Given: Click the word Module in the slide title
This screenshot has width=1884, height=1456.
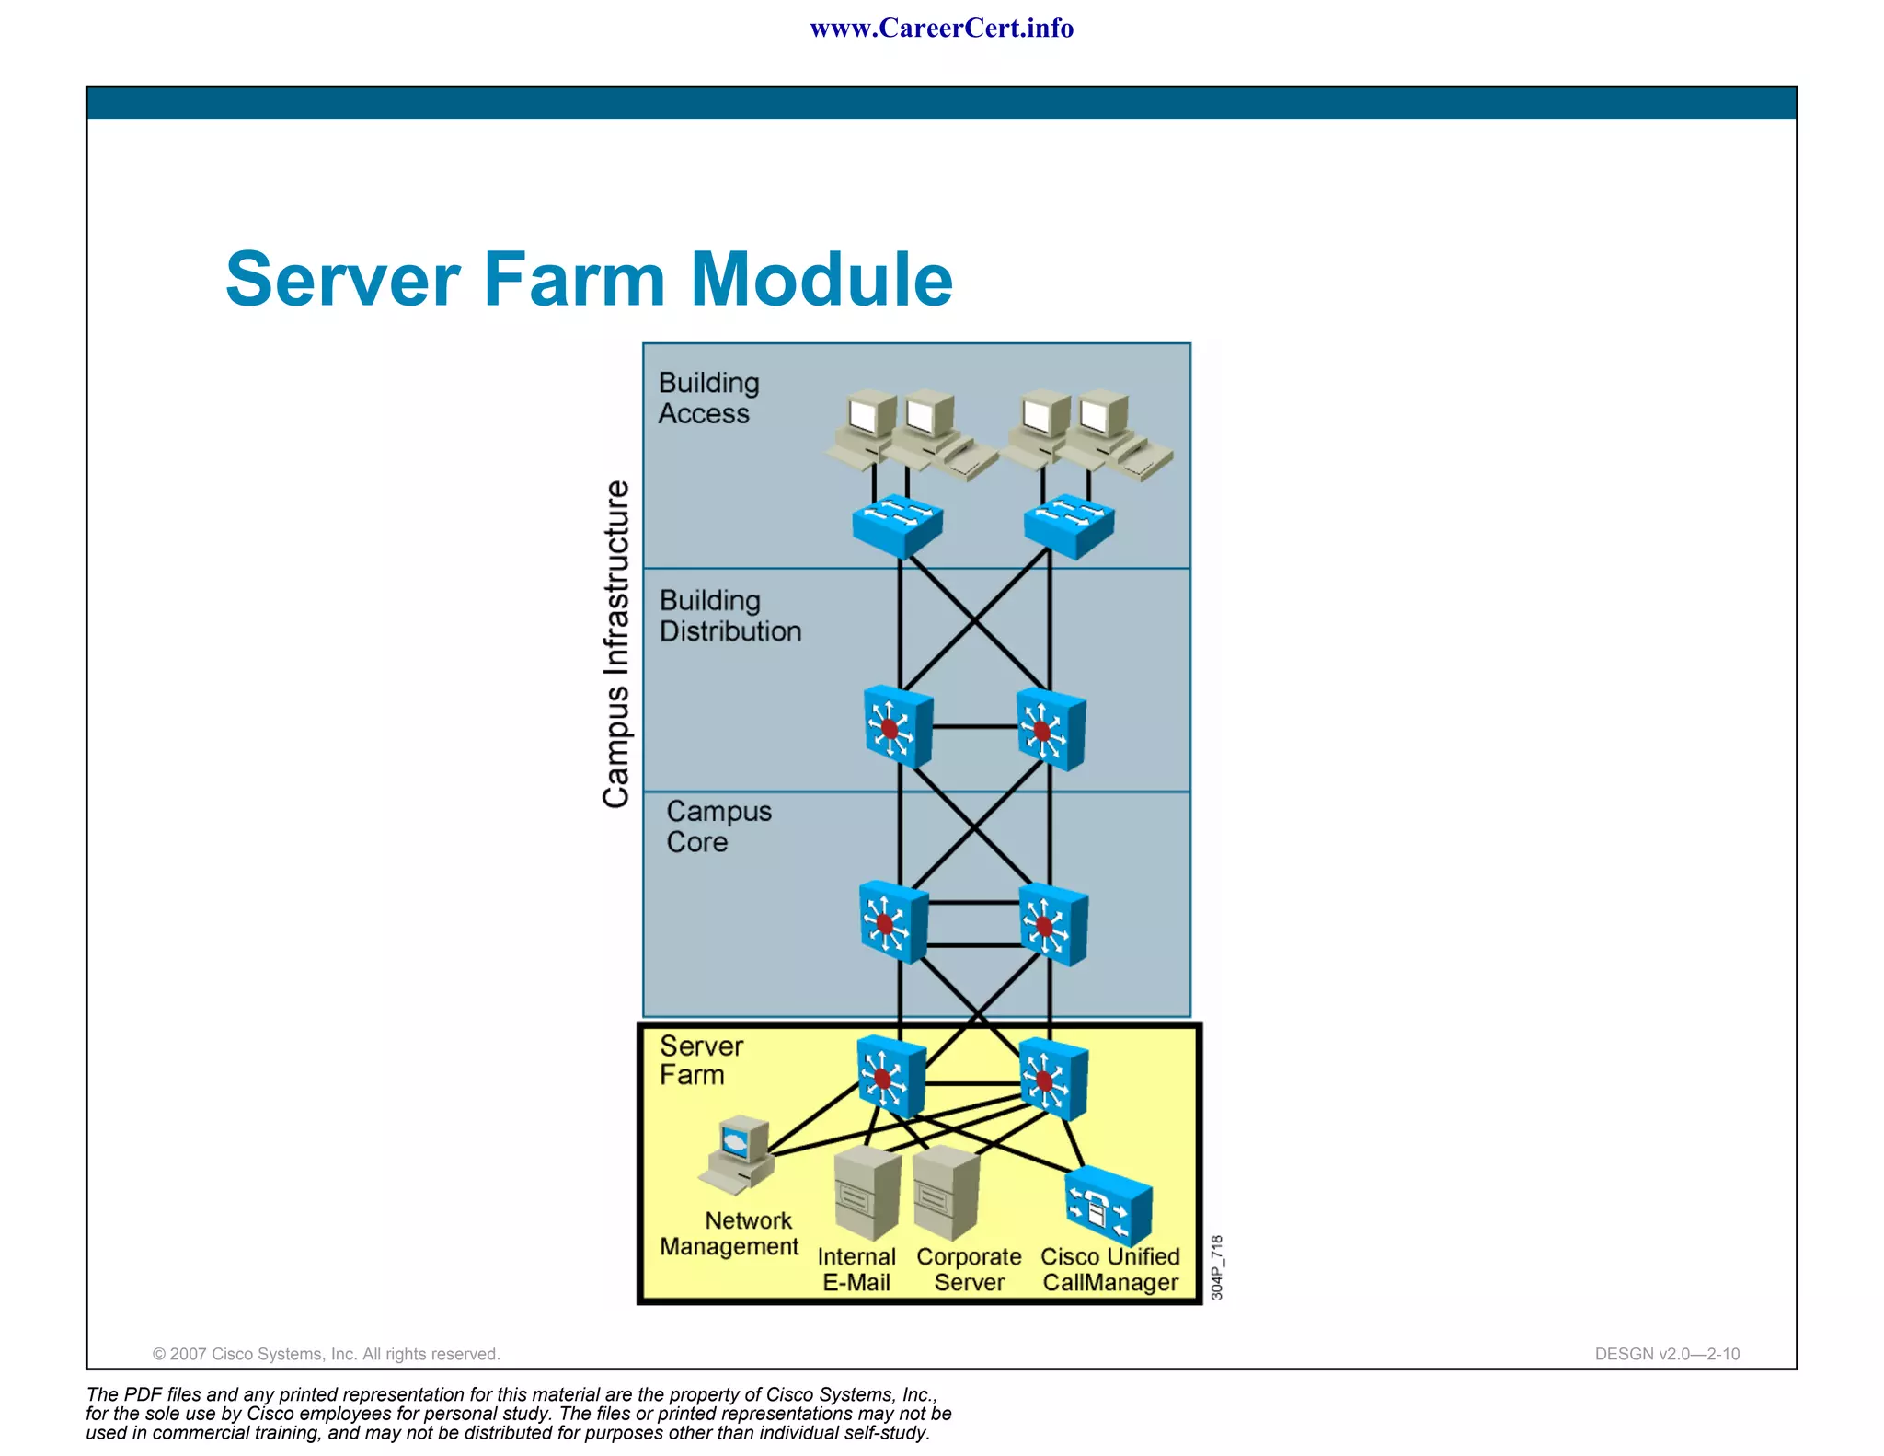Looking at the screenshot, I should pyautogui.click(x=821, y=280).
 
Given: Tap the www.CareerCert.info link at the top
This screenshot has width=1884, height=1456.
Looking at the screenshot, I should pyautogui.click(x=941, y=29).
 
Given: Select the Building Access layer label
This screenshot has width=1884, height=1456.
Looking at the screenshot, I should pyautogui.click(x=708, y=398).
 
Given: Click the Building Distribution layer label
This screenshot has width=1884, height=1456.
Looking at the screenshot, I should pyautogui.click(x=729, y=616).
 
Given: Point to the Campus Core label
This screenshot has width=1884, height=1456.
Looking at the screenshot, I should pyautogui.click(x=718, y=826).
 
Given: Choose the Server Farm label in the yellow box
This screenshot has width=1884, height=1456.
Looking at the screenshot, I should pyautogui.click(x=700, y=1060).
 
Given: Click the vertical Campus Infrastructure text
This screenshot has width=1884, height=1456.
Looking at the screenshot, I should pyautogui.click(x=616, y=643).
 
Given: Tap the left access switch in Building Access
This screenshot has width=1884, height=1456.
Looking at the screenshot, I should pyautogui.click(x=897, y=526).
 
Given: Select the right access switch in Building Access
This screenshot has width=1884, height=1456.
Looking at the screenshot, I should pyautogui.click(x=1069, y=526).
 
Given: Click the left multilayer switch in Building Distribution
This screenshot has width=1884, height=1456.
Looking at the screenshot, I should pyautogui.click(x=898, y=727).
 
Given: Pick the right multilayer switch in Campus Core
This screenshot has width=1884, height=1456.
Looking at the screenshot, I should pyautogui.click(x=1054, y=924).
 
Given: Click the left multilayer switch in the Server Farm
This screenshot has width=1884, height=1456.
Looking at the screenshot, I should pyautogui.click(x=890, y=1077).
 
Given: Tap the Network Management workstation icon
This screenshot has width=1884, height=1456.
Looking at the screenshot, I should pyautogui.click(x=739, y=1154).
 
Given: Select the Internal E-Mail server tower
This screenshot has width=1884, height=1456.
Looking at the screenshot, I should pyautogui.click(x=866, y=1193).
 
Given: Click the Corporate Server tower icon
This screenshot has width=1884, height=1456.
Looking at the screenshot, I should pyautogui.click(x=946, y=1193).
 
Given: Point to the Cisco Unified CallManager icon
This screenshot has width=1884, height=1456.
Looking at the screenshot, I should pyautogui.click(x=1108, y=1207).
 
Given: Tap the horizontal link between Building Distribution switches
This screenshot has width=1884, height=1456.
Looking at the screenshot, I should pyautogui.click(x=974, y=727).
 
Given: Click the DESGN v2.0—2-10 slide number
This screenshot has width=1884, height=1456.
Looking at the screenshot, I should pyautogui.click(x=1666, y=1354).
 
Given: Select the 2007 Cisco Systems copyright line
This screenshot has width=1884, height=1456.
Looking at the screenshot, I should pyautogui.click(x=326, y=1354).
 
